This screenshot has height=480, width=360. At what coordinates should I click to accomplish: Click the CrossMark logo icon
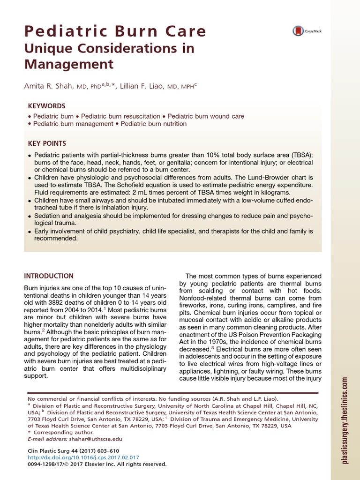coord(299,31)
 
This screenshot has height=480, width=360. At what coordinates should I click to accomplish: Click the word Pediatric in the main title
coord(57,31)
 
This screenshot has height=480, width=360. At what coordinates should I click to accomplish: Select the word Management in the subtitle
coord(69,64)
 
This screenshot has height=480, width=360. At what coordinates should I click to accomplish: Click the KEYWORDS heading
coord(46,106)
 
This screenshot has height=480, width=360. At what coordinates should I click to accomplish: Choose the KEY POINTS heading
coord(47,143)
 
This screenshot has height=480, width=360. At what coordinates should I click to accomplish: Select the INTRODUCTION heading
coord(49,276)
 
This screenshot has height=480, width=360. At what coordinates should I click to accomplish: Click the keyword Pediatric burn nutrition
coord(154,124)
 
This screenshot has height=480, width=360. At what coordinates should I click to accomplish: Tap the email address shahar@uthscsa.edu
coord(98,439)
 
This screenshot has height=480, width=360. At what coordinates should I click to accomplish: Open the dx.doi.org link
coord(84,457)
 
